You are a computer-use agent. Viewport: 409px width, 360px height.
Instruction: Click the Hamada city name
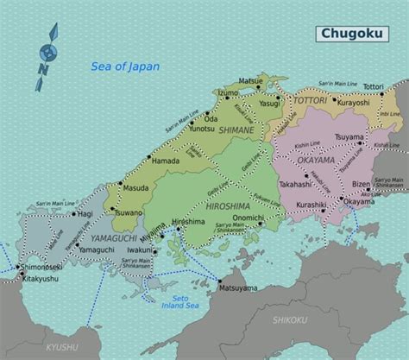[x=165, y=160]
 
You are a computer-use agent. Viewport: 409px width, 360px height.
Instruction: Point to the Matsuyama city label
[x=239, y=287]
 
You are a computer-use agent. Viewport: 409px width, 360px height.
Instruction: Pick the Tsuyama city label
[x=349, y=137]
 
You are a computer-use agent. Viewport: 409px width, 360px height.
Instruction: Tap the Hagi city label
[x=85, y=213]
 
